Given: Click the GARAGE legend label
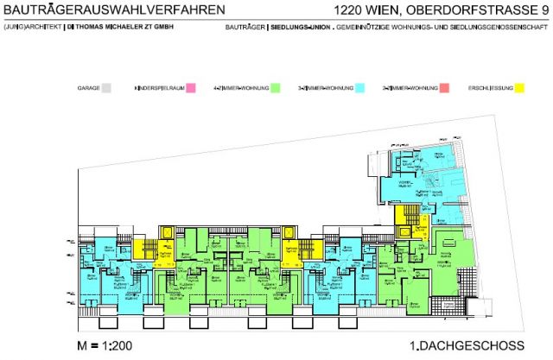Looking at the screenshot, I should tap(88, 88).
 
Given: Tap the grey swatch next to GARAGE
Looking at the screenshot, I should tap(107, 88).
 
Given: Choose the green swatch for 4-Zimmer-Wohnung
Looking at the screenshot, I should tap(276, 88).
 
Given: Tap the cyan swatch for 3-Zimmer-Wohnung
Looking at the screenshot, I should tap(360, 88).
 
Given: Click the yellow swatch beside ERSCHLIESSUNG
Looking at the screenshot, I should tap(518, 88).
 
